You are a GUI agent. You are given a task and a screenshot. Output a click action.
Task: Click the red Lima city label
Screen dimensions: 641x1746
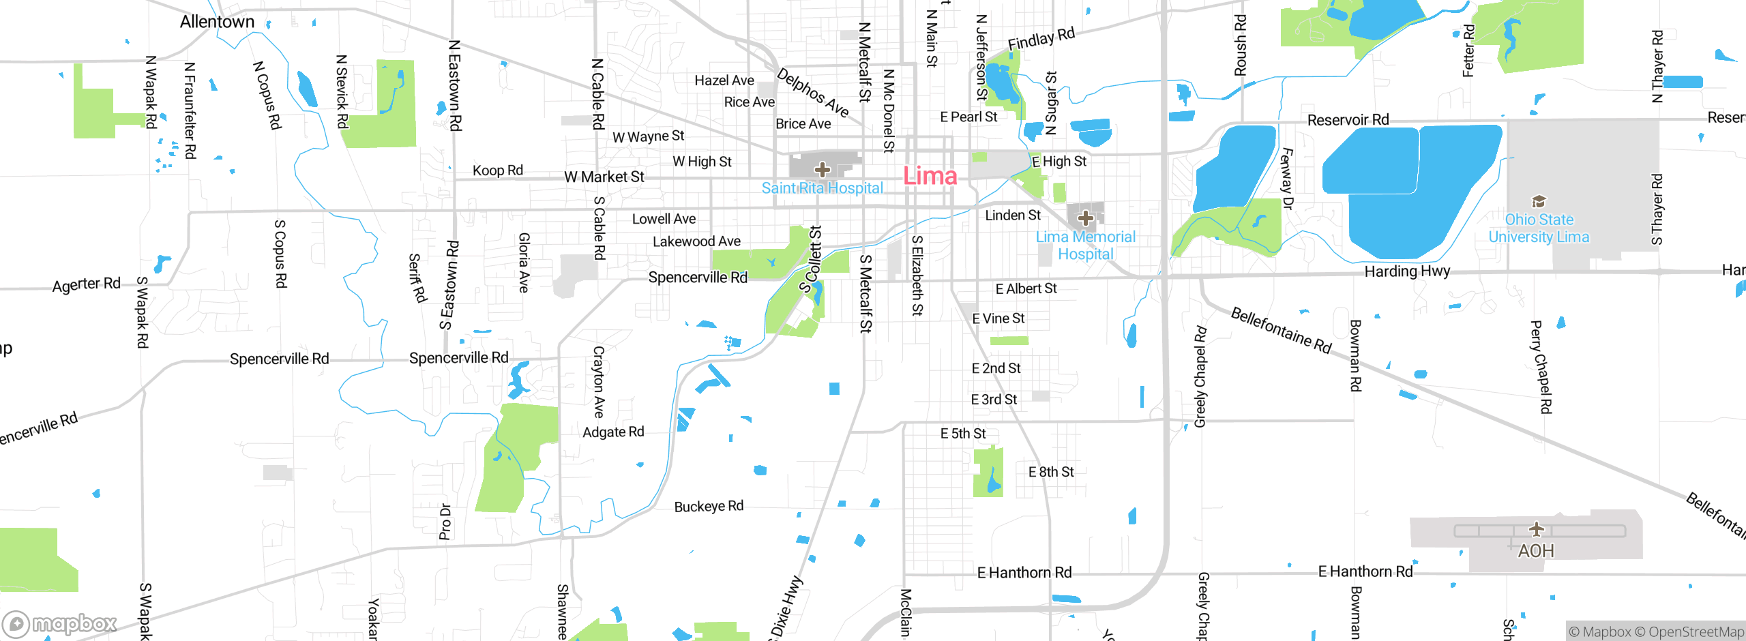click(930, 176)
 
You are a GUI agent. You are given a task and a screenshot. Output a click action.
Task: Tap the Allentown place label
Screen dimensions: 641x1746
click(217, 22)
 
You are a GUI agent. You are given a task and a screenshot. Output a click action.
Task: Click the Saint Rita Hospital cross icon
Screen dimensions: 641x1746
click(823, 168)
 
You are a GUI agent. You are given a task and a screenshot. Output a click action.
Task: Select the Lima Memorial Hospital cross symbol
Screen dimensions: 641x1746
click(1086, 218)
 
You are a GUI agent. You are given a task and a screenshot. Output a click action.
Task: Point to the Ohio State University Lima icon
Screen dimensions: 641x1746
click(1539, 201)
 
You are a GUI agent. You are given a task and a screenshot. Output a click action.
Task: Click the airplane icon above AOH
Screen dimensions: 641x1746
click(1536, 528)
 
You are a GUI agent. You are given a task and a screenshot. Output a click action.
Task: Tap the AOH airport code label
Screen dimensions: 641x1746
click(1536, 551)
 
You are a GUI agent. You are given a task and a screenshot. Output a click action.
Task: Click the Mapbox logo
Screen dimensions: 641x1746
click(60, 623)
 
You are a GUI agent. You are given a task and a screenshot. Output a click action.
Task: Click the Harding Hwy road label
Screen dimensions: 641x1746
click(1407, 271)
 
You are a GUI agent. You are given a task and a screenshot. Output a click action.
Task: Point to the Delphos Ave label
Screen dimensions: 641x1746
click(813, 93)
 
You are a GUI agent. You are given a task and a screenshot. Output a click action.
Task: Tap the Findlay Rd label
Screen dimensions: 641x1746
click(1041, 39)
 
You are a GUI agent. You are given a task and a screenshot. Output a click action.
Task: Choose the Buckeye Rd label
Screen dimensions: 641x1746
click(709, 507)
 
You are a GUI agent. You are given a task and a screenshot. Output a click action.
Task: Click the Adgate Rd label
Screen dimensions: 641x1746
click(613, 432)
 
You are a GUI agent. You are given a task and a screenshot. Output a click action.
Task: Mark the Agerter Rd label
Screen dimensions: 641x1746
click(86, 284)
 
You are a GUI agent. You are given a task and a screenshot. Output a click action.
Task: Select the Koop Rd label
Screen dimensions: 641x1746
click(498, 170)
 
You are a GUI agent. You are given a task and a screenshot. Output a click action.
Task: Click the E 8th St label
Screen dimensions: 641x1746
click(1051, 472)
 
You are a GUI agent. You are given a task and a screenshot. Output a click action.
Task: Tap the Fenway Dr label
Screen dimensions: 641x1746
click(1287, 178)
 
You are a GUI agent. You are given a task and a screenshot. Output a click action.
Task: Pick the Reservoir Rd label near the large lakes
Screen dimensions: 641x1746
click(1348, 120)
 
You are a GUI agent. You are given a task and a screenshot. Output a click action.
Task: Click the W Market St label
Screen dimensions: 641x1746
click(604, 177)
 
